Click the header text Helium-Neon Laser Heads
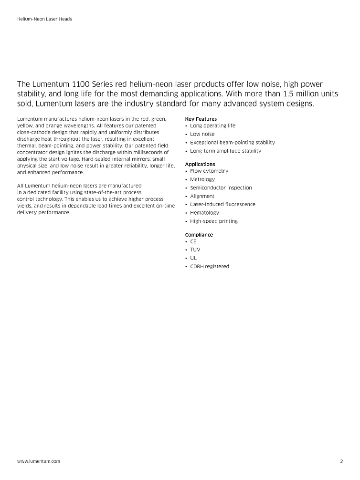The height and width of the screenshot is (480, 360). [44, 19]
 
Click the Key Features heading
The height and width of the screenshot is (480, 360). [201, 119]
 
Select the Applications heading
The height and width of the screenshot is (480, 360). [200, 164]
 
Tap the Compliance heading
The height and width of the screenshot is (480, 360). [199, 235]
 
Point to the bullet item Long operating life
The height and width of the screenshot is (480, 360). [212, 126]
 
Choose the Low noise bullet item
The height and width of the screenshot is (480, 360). [202, 134]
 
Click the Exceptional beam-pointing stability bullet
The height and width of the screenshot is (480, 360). [233, 143]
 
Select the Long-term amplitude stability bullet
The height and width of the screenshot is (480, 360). [226, 151]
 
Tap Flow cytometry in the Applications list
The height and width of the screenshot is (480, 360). [209, 171]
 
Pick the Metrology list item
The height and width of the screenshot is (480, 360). [202, 179]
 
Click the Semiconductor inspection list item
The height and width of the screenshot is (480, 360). [221, 188]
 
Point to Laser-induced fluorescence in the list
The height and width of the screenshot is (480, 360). [222, 204]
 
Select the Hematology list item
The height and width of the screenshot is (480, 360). [204, 213]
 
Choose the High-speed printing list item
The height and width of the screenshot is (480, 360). [213, 221]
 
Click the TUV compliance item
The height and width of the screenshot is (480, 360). [195, 250]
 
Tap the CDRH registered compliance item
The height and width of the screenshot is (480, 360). [210, 266]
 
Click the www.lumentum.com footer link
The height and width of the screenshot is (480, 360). [39, 461]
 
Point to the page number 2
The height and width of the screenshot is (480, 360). [341, 461]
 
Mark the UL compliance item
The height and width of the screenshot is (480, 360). [193, 258]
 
